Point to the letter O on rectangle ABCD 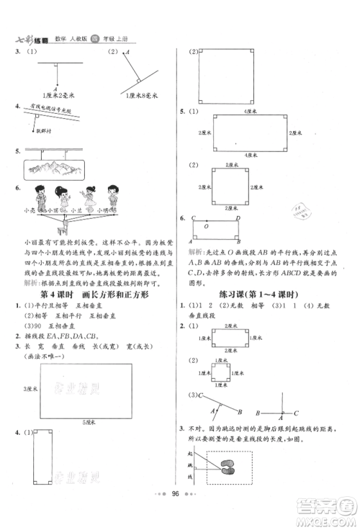pos(208,225)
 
